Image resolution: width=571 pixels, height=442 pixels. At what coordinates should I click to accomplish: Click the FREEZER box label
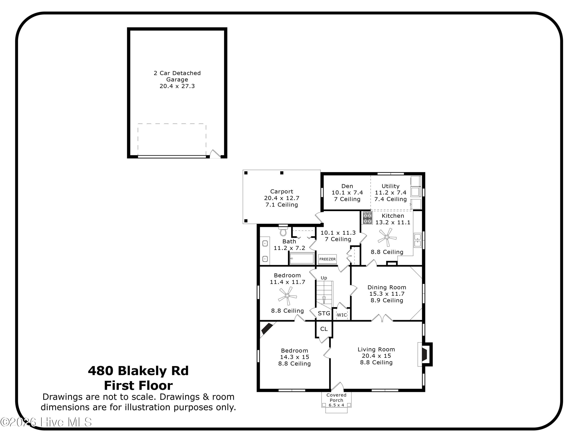(327, 259)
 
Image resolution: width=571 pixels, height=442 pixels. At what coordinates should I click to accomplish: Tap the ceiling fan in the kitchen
(387, 237)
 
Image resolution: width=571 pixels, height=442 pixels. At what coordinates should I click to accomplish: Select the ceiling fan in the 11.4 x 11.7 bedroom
(287, 296)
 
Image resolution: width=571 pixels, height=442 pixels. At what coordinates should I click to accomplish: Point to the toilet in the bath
(283, 231)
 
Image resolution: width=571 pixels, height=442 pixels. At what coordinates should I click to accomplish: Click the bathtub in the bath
(302, 258)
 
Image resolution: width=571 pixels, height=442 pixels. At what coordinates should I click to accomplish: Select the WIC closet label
(342, 315)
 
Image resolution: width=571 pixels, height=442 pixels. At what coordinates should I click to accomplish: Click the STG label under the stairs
(324, 313)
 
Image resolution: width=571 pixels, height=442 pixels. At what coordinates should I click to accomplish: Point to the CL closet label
(324, 329)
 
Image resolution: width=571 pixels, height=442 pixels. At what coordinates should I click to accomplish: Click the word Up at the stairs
(324, 278)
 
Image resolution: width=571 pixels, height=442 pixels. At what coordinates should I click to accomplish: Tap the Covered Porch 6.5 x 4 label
(336, 400)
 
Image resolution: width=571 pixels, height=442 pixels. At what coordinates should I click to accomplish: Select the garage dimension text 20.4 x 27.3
(177, 86)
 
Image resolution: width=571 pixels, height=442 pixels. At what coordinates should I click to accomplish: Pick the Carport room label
(282, 191)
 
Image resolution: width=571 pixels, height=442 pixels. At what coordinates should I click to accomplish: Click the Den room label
(347, 186)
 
